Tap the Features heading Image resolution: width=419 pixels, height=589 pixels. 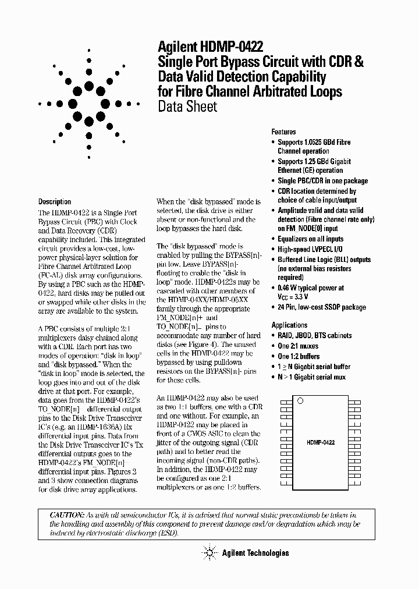(x=283, y=132)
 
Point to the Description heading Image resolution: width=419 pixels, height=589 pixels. (x=55, y=202)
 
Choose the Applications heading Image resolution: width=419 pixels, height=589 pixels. (x=289, y=325)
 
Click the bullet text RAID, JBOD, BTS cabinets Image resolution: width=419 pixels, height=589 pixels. (x=314, y=336)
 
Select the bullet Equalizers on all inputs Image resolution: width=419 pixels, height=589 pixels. (x=310, y=239)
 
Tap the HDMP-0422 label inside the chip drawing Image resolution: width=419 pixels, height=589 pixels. (x=320, y=443)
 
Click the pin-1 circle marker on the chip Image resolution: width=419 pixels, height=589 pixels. (x=300, y=400)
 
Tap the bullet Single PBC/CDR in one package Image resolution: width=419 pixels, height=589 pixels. (x=322, y=181)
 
